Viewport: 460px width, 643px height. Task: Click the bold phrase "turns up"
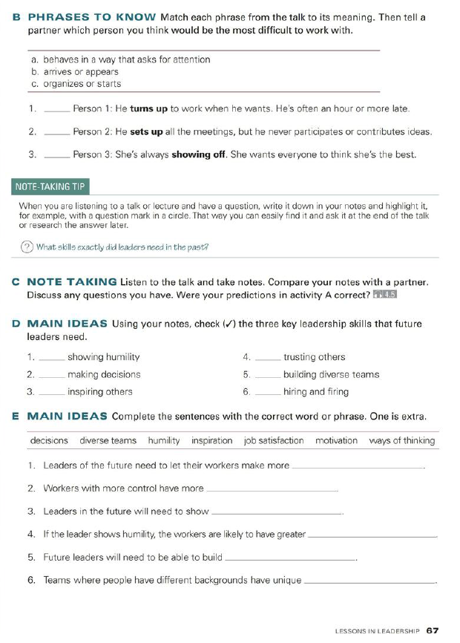[148, 108]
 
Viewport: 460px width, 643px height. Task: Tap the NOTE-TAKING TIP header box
[51, 186]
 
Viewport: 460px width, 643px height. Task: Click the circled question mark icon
[27, 247]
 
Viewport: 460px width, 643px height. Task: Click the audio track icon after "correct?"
[386, 295]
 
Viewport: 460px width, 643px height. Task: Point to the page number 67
[433, 630]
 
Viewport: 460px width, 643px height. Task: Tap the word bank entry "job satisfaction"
[274, 440]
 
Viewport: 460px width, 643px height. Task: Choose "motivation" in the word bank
[336, 440]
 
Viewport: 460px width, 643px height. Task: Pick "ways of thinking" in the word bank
[402, 440]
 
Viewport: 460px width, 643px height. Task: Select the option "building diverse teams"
[331, 374]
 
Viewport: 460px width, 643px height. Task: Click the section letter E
[16, 416]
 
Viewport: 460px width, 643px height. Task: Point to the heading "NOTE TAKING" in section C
[71, 281]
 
